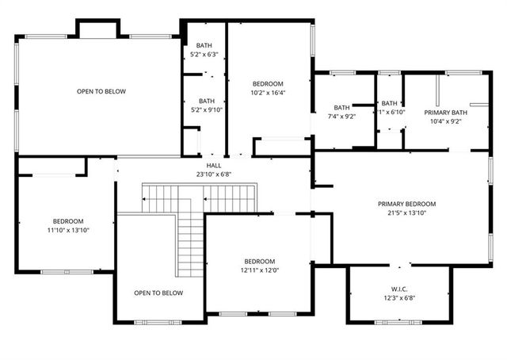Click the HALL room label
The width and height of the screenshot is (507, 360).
(214, 165)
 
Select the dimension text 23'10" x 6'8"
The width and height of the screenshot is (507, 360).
(214, 174)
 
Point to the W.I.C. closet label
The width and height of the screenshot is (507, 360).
(398, 289)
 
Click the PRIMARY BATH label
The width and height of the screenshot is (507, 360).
(446, 113)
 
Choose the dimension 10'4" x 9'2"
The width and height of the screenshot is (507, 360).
(446, 121)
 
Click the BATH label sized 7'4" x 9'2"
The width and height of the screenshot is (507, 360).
(341, 108)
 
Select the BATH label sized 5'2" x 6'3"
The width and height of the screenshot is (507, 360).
(204, 45)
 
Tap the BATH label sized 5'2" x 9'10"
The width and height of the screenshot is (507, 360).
(206, 101)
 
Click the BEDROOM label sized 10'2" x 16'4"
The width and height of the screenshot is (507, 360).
(268, 83)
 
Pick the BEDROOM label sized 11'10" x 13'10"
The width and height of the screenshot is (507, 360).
(68, 221)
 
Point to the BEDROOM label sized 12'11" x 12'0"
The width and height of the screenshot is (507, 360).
(259, 261)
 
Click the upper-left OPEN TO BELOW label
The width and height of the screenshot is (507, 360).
(101, 91)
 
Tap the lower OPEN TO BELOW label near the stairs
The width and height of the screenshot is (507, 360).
(158, 293)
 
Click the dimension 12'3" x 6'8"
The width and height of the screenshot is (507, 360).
(398, 298)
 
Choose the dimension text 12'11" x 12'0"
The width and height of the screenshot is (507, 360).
(259, 270)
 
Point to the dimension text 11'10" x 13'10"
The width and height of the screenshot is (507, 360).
(68, 230)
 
